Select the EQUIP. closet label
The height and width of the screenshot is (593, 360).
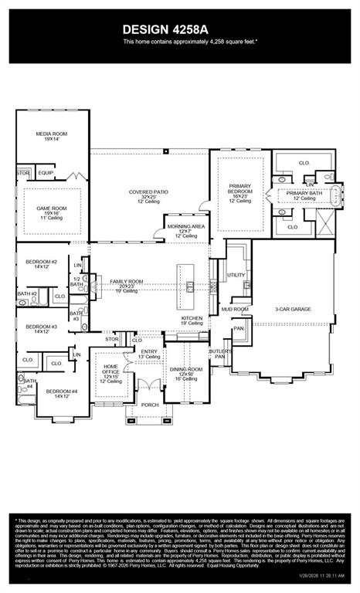point(46,173)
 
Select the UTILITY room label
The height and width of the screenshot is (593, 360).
point(236,275)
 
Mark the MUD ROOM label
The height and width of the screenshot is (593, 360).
point(235,309)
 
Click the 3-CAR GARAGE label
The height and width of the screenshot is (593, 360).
point(293,309)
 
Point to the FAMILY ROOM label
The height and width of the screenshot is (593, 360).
point(127,284)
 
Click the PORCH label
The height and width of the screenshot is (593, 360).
point(150,405)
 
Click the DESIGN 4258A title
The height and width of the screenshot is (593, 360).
point(179,29)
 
